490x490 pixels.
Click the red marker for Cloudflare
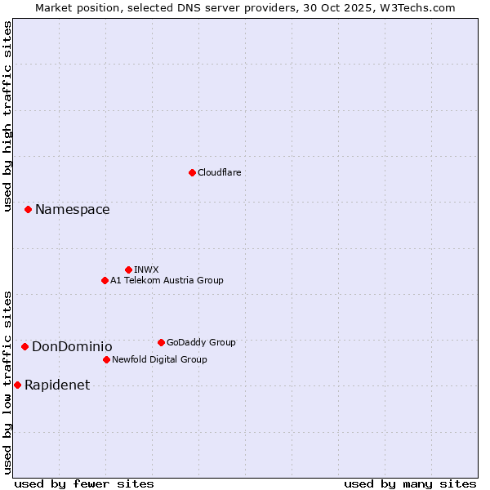[x=192, y=172]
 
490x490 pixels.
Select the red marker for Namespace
[x=28, y=210]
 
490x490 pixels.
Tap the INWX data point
[x=128, y=269]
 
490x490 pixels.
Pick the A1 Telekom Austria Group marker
[x=105, y=280]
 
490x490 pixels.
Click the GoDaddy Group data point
[x=161, y=342]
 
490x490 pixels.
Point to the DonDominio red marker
[x=24, y=347]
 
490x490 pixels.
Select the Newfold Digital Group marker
[x=106, y=359]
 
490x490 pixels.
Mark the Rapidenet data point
[x=17, y=385]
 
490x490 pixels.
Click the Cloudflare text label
[x=220, y=172]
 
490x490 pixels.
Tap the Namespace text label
[x=73, y=210]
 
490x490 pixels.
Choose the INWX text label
[x=146, y=269]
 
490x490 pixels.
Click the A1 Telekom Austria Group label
[x=167, y=280]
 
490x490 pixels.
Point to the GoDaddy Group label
[x=201, y=342]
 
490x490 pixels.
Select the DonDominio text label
[x=72, y=347]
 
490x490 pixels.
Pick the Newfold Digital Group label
[x=159, y=359]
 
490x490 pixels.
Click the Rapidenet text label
[x=57, y=385]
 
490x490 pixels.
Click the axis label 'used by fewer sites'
[x=84, y=483]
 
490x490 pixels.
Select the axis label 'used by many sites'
[x=410, y=483]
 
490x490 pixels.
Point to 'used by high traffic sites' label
[x=7, y=116]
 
